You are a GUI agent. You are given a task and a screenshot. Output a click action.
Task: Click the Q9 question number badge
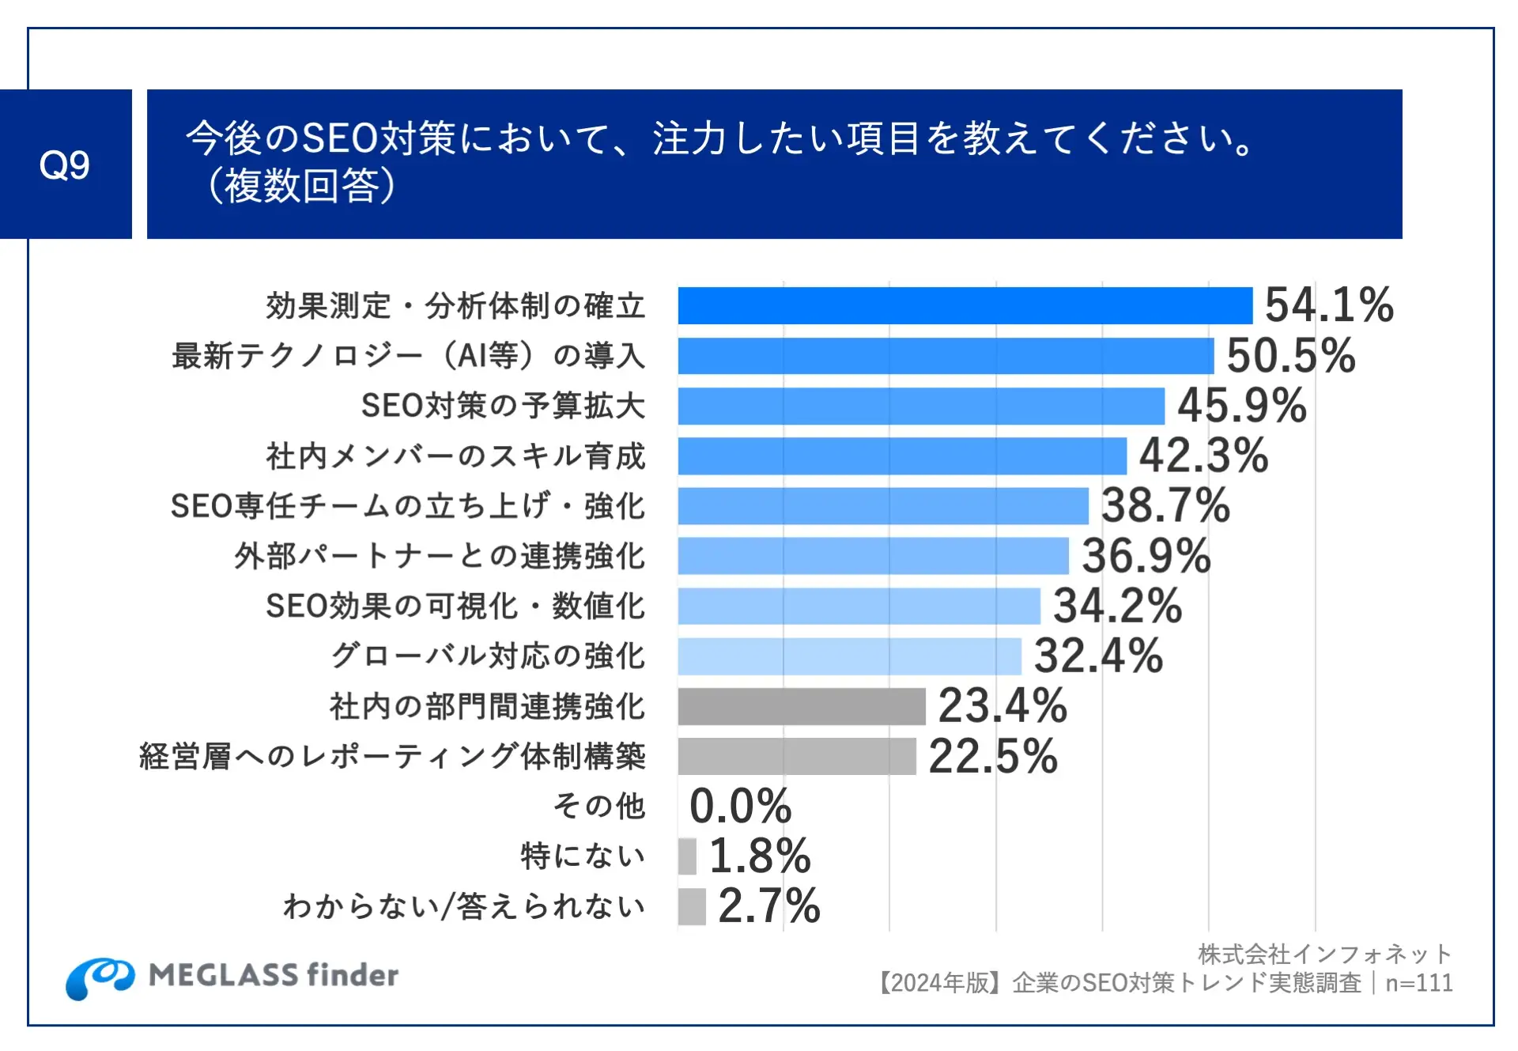point(65,164)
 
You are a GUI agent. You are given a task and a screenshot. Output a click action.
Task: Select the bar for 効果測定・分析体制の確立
point(965,306)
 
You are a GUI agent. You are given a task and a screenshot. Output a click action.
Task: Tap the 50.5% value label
point(1290,356)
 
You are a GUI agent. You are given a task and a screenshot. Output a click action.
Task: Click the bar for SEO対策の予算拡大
point(921,406)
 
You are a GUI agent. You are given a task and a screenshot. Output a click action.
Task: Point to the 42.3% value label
point(1203,456)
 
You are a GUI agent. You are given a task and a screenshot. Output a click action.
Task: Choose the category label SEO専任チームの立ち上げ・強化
point(408,506)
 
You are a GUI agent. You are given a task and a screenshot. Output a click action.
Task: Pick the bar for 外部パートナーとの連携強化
point(873,556)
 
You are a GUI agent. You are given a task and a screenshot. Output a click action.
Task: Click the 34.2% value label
point(1117,606)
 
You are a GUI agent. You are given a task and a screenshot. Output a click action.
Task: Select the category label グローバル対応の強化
point(488,656)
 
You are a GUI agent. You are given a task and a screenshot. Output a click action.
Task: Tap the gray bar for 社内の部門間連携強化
point(801,706)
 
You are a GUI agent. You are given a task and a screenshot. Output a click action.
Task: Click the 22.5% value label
point(992,756)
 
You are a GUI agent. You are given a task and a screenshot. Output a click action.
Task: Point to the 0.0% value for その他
point(740,806)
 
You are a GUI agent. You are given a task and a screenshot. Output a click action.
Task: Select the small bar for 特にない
point(687,856)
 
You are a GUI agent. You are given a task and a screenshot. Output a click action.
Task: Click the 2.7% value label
point(768,906)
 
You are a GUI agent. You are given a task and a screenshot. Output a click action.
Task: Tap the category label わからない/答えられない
point(464,906)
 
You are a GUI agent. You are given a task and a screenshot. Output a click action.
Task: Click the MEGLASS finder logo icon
point(100,977)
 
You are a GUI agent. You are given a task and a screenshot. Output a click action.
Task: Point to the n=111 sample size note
point(1419,983)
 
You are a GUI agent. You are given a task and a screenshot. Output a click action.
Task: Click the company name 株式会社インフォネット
point(1324,955)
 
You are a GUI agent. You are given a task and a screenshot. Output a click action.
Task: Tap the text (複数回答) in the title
point(301,187)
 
